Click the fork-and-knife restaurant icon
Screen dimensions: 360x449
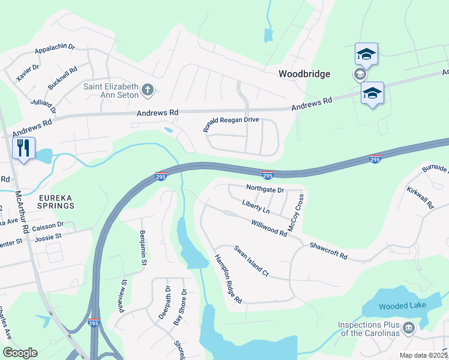coord(23,148)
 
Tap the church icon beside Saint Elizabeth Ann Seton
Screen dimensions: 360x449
coord(148,91)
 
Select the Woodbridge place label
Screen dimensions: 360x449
coord(304,74)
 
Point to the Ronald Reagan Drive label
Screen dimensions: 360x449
coord(231,124)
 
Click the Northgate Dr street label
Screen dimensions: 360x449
coord(265,188)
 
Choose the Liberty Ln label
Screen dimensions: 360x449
coord(256,208)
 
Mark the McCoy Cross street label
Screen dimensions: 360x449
coord(297,212)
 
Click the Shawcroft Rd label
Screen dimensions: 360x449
coord(328,251)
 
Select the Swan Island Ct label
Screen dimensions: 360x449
coord(251,261)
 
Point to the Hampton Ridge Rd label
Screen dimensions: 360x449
coord(228,279)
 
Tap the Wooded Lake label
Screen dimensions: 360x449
coord(402,305)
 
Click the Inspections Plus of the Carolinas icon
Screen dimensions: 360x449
coord(408,328)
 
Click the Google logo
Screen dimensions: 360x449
coord(20,352)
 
